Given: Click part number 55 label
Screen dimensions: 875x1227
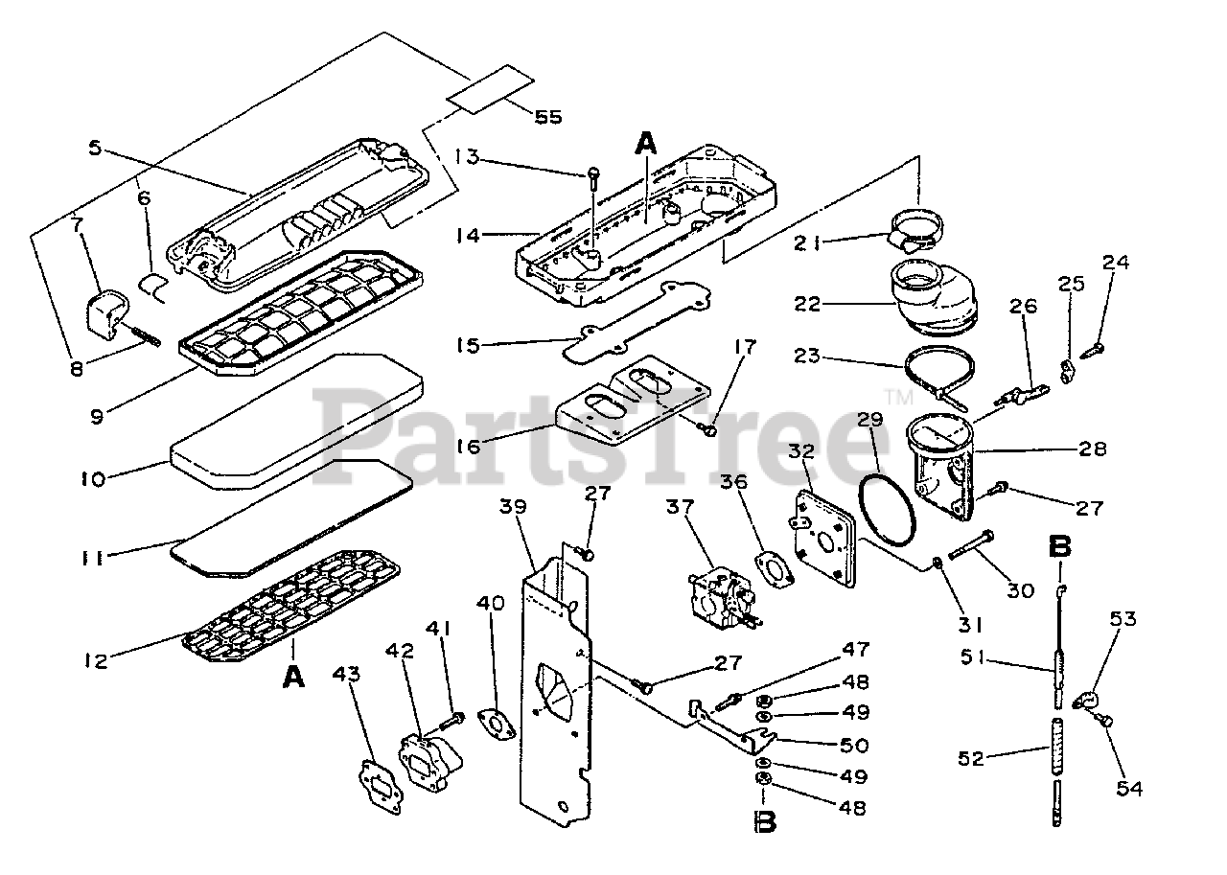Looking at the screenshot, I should point(547,116).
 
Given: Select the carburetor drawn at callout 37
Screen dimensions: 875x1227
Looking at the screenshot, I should point(721,596).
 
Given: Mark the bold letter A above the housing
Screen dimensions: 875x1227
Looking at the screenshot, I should point(647,145).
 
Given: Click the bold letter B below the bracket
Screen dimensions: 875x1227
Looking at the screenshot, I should point(765,822).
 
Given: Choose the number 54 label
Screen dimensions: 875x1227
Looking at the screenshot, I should point(1130,788).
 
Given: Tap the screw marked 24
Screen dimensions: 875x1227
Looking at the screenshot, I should point(1094,352).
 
